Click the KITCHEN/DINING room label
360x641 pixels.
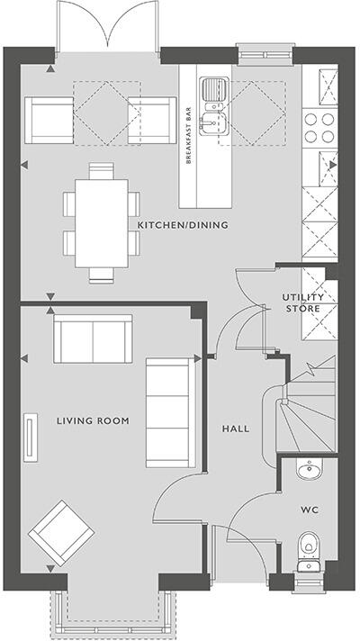[x=183, y=224]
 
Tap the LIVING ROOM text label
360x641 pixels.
[x=93, y=420]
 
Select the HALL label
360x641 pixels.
[x=236, y=429]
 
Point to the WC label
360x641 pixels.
[x=310, y=510]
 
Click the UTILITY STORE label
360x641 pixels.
[x=304, y=302]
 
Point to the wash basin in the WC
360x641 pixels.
[x=309, y=469]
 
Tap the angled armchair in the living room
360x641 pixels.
[x=58, y=533]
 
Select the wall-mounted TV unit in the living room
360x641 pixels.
[x=33, y=437]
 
